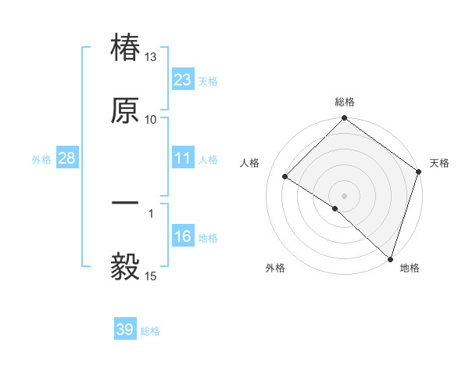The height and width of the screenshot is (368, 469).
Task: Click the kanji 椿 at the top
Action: pos(126,49)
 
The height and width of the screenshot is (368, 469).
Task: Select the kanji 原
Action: pos(126,110)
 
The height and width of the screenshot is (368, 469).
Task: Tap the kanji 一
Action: pos(126,204)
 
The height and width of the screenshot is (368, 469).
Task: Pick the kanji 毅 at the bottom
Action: pos(126,266)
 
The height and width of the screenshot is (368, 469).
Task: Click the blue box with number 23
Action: pos(183,79)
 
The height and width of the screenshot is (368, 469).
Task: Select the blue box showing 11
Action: pos(183,158)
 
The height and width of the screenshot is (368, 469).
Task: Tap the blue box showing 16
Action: pos(183,236)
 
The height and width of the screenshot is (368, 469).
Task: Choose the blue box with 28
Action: pos(67,158)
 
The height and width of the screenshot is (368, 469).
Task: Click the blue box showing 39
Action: pos(125,330)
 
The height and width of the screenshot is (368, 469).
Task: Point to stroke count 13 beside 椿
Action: pos(150,57)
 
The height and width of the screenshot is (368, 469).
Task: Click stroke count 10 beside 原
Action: pos(150,119)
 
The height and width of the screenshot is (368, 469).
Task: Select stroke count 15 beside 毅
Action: pos(150,276)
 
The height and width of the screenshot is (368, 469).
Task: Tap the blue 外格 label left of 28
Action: pos(41,159)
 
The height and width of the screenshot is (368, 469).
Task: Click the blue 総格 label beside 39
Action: pos(150,331)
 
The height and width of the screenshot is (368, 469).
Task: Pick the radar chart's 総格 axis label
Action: pos(345,103)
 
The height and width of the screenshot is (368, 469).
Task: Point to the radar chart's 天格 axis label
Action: pos(440,163)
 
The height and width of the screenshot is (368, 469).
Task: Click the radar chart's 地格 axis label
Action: pos(410,268)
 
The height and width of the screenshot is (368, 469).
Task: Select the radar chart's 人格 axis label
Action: pos(250,163)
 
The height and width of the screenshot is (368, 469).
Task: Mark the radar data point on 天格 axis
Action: pos(419,171)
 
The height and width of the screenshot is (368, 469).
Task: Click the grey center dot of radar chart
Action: pos(345,195)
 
